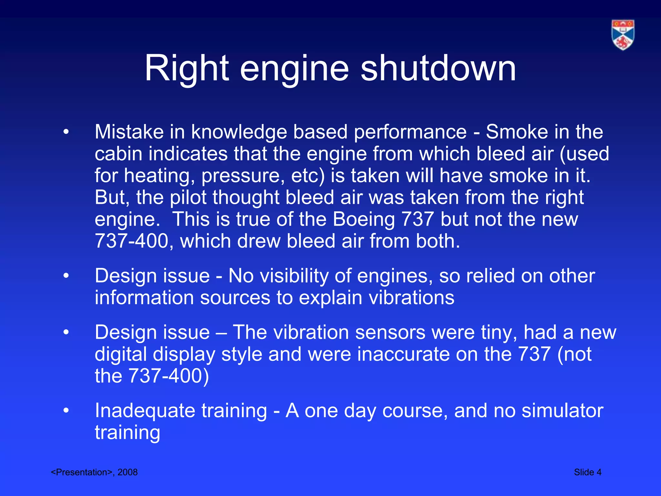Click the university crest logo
point(623,35)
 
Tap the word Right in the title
point(187,68)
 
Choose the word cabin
point(118,154)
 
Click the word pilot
point(188,197)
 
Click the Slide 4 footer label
point(587,472)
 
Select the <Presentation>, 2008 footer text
point(94,472)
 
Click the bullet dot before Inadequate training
point(66,411)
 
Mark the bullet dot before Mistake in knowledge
point(66,132)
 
